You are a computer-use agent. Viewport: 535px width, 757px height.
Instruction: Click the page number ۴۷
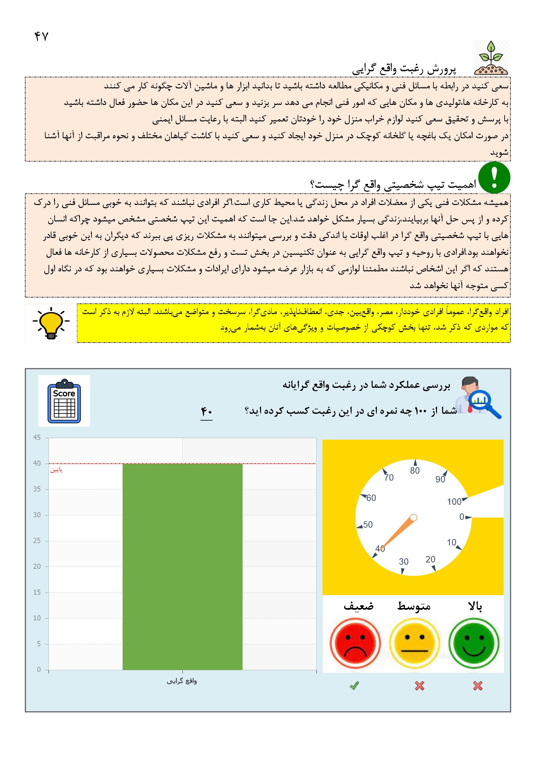(41, 36)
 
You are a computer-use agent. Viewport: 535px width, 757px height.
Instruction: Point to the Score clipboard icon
(64, 401)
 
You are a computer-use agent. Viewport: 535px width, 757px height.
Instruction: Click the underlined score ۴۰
(207, 412)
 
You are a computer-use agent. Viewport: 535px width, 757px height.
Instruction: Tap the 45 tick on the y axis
(37, 438)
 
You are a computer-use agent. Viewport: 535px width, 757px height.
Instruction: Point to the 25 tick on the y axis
(37, 541)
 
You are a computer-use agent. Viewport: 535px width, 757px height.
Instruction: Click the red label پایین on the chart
(56, 470)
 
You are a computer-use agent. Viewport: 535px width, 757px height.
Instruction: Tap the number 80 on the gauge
(415, 471)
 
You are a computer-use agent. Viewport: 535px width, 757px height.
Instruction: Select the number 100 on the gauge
(454, 502)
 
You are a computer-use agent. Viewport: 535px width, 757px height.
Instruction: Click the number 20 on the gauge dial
(430, 559)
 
